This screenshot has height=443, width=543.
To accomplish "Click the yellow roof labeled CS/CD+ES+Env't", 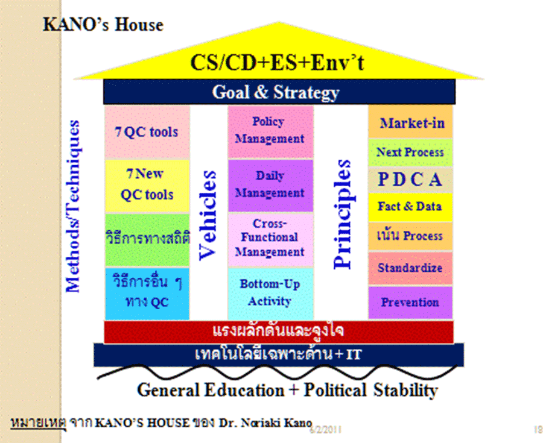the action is click(x=278, y=59).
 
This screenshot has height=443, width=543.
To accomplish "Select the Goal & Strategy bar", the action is click(x=279, y=92).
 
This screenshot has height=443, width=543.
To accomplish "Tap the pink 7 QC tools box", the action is click(x=147, y=132).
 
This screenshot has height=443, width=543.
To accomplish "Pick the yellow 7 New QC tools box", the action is click(x=147, y=186).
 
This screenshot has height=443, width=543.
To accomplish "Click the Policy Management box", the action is click(x=270, y=132).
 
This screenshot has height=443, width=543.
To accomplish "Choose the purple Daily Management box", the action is click(x=270, y=186).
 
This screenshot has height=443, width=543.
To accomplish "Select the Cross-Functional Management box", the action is click(x=270, y=240).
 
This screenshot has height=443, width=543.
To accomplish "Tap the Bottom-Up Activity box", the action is click(x=270, y=294).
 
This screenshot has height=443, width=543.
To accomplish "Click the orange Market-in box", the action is click(x=410, y=122).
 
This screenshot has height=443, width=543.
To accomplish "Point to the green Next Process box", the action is click(x=410, y=152).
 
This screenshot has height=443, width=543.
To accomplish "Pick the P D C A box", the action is click(x=410, y=180).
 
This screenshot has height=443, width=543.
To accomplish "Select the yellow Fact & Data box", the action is click(x=410, y=207).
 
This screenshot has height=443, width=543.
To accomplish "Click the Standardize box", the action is click(x=410, y=268).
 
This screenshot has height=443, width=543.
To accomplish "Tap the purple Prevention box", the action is click(x=410, y=302).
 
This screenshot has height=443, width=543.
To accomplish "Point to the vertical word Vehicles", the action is click(x=208, y=215).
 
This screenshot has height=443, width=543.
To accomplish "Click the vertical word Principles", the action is click(x=342, y=215).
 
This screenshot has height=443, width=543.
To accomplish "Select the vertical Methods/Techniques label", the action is click(x=73, y=206).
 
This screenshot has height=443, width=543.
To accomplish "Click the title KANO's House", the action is click(x=103, y=25).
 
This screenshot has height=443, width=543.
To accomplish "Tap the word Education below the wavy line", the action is click(x=244, y=391).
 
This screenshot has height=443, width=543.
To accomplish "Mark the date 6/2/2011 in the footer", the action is click(x=325, y=430).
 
